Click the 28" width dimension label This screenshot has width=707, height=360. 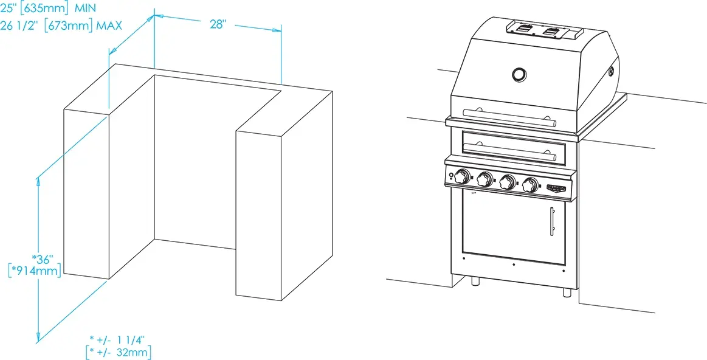click(218, 24)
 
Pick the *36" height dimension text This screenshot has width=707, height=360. click(43, 260)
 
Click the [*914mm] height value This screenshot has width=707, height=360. click(35, 271)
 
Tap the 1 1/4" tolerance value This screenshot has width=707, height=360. click(130, 339)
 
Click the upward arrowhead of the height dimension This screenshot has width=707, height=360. click(38, 181)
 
